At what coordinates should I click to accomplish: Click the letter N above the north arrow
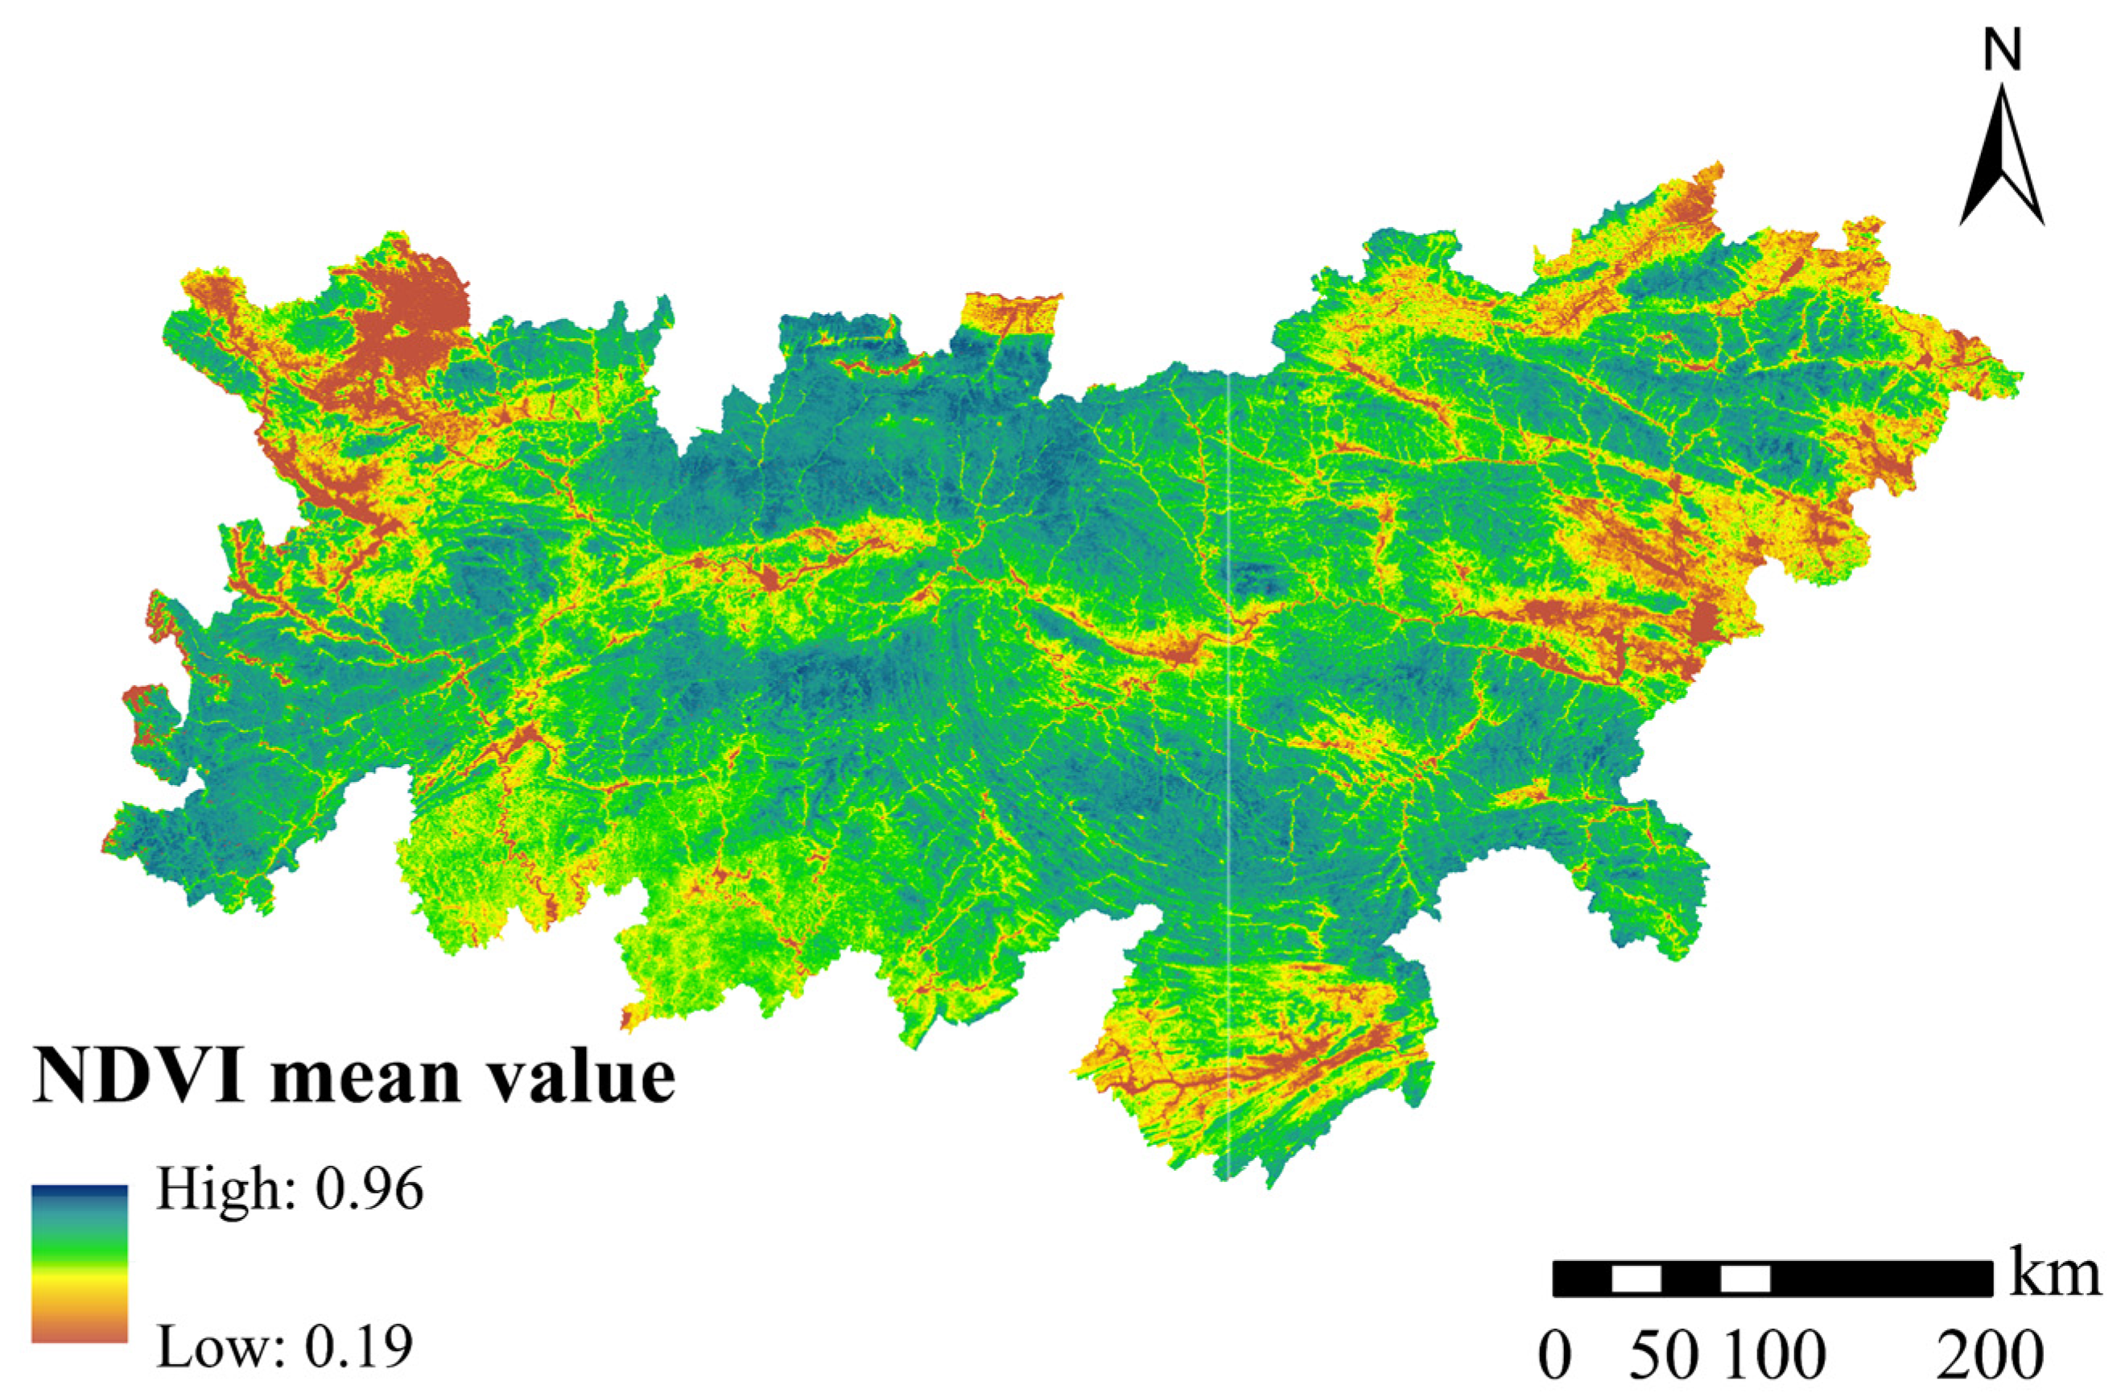[x=2002, y=52]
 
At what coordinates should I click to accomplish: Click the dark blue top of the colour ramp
[x=80, y=1193]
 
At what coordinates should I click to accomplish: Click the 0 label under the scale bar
[x=1554, y=1357]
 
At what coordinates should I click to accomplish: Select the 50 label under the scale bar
[x=1664, y=1357]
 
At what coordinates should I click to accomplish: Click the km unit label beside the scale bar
[x=2054, y=1275]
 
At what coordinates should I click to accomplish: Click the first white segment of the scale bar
[x=1636, y=1278]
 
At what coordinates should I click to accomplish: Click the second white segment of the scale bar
[x=1745, y=1278]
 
